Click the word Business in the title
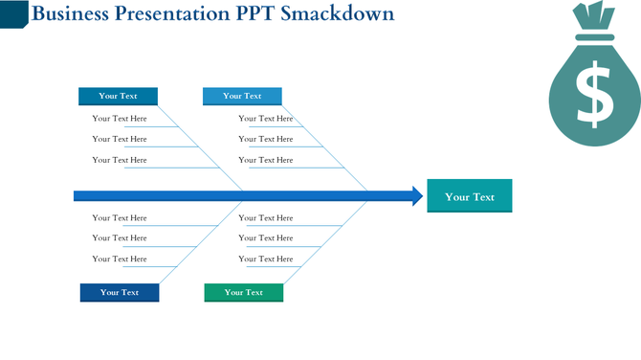[69, 14]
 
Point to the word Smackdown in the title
[339, 14]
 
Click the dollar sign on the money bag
[594, 93]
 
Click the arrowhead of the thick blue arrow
[417, 196]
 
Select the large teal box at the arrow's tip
[469, 196]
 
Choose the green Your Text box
[243, 292]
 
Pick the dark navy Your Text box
[120, 292]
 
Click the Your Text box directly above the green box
[242, 96]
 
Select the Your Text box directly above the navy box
[118, 96]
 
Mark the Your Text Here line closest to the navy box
[120, 259]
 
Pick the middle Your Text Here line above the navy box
[120, 238]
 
